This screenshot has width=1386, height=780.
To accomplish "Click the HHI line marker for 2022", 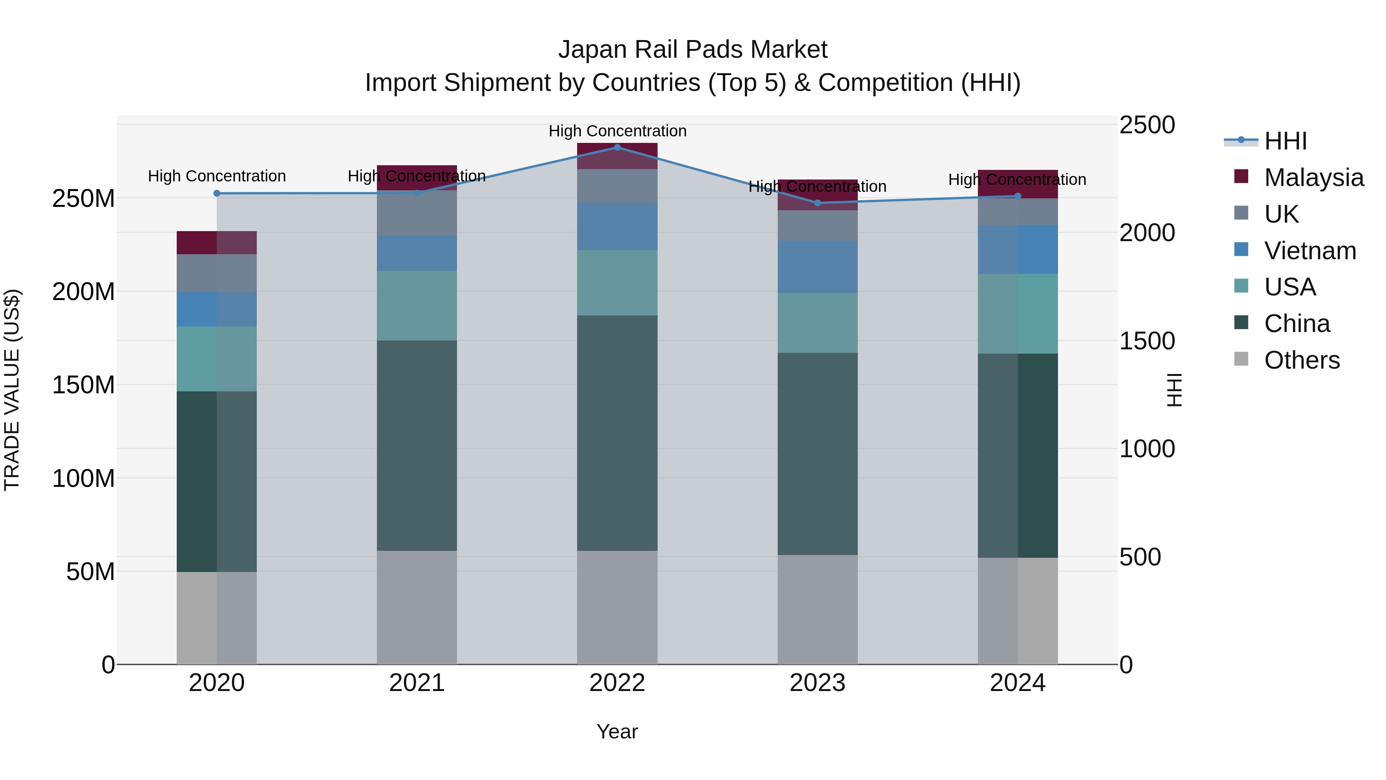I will [617, 148].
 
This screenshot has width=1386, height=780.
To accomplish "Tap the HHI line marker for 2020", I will [217, 193].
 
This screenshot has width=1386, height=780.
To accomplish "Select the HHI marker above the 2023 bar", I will [817, 203].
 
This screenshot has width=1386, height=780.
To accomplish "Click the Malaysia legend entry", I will [1313, 178].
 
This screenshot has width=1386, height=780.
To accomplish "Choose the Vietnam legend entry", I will [1310, 251].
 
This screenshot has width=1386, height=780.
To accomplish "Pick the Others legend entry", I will [1302, 360].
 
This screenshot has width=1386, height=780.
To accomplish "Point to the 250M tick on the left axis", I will [84, 199].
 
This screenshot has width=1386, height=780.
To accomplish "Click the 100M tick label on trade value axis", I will [84, 478].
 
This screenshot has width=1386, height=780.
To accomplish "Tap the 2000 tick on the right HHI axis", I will [1147, 233].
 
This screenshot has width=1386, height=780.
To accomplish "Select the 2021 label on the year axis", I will [417, 683].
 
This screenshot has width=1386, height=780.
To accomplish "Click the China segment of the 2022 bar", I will [617, 433].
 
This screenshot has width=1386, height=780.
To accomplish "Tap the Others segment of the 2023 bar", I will [817, 609].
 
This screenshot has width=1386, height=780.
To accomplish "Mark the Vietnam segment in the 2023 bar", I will [817, 267].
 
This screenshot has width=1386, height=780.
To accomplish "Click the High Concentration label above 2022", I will [617, 131].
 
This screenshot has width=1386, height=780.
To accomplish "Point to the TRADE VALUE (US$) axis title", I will [12, 390].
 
